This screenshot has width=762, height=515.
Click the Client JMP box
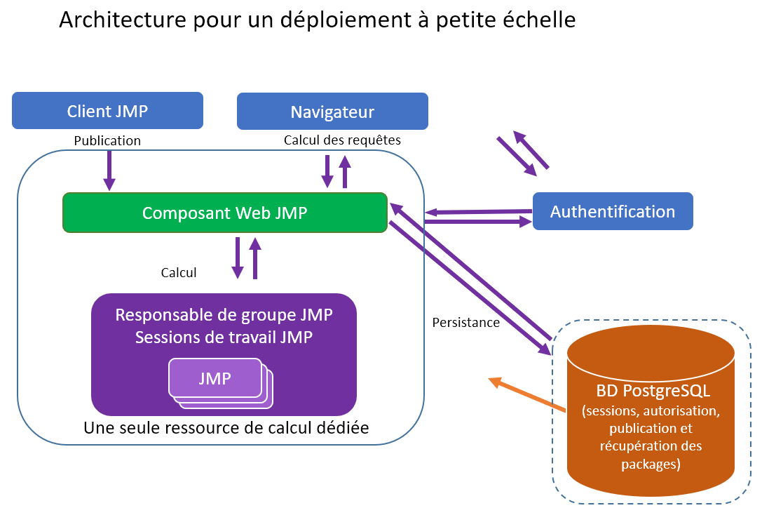tap(107, 111)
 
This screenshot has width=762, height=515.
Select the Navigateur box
tap(332, 112)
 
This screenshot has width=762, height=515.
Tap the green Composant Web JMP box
tap(225, 213)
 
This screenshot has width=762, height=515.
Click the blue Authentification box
tap(613, 211)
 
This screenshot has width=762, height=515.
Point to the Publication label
tap(107, 141)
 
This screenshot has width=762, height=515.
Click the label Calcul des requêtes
tap(342, 140)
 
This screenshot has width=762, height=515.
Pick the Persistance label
tap(465, 323)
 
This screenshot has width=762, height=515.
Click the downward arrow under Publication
tap(109, 170)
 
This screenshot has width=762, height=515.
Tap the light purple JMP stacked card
tap(215, 378)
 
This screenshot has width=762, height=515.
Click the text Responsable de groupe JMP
tap(224, 315)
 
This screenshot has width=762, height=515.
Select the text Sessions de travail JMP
tap(224, 337)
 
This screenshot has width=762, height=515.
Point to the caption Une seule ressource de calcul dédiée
tap(226, 427)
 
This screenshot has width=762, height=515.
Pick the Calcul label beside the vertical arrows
tap(179, 273)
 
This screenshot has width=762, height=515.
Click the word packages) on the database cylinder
tap(651, 464)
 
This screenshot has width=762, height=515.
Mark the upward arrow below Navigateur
tap(344, 172)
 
